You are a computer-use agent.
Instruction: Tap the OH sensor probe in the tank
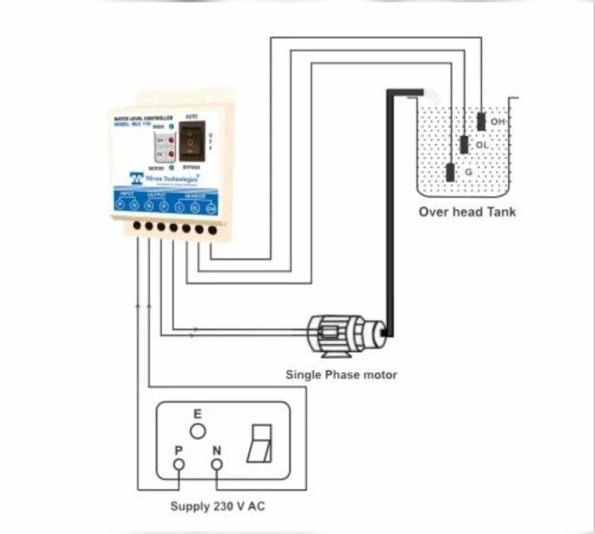tap(481, 121)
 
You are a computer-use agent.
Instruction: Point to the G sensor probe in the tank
tap(450, 172)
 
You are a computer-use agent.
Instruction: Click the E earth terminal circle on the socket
tap(197, 431)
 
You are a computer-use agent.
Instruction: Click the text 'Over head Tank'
tap(467, 212)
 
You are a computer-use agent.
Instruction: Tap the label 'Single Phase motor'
tap(341, 374)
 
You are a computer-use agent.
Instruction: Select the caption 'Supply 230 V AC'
tap(217, 507)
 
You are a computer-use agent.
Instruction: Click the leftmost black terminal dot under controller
tap(136, 224)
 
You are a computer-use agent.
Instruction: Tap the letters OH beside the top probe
tap(497, 122)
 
